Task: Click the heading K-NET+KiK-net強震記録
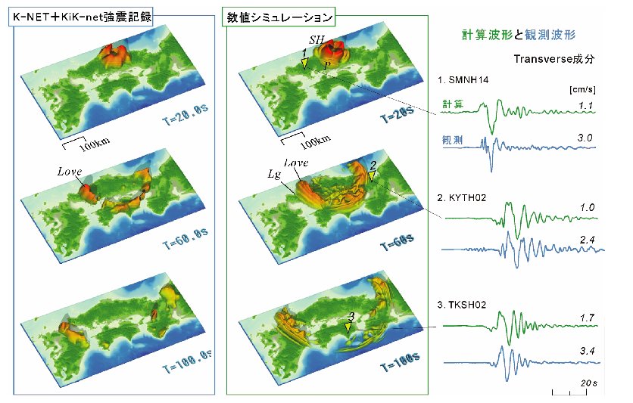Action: tap(81, 17)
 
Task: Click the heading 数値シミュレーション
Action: tap(279, 17)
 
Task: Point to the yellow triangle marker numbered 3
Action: tap(348, 328)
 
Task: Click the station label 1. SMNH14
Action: tap(463, 80)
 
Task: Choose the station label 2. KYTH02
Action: tap(461, 197)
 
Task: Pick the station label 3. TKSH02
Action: tap(461, 304)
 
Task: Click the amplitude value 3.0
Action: tap(585, 138)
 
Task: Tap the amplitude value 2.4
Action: tap(587, 240)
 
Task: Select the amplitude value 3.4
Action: tap(587, 351)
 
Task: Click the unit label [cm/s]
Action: tap(582, 89)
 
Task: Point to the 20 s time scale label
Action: tap(588, 383)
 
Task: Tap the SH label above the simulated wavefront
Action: tap(317, 39)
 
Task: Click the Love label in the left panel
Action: tap(70, 172)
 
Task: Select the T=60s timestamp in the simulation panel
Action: tap(398, 241)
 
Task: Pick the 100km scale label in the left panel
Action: tap(94, 144)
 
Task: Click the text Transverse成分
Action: tap(554, 59)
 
